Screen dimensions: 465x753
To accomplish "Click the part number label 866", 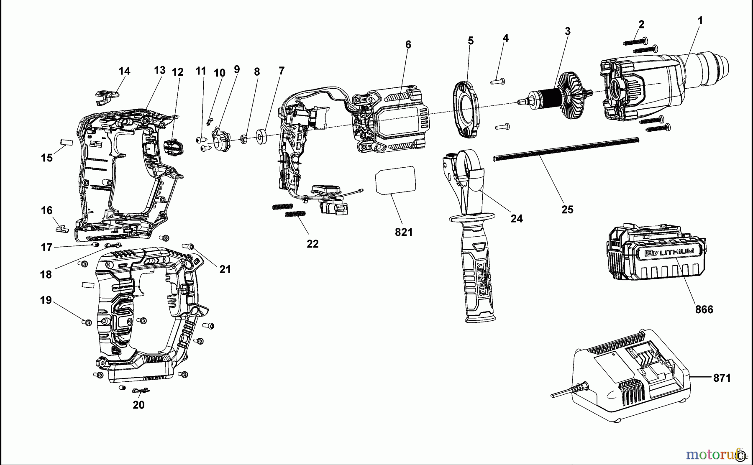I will pyautogui.click(x=704, y=309).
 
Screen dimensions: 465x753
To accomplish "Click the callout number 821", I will pyautogui.click(x=404, y=232).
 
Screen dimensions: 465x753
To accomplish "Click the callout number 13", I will pyautogui.click(x=159, y=70).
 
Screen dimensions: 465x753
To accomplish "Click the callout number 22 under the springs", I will pyautogui.click(x=312, y=244).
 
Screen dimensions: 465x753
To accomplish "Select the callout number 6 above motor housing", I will pyautogui.click(x=408, y=45).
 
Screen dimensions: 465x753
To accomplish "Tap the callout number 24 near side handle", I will pyautogui.click(x=517, y=218).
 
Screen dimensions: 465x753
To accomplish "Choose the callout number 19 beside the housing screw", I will pyautogui.click(x=46, y=300).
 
